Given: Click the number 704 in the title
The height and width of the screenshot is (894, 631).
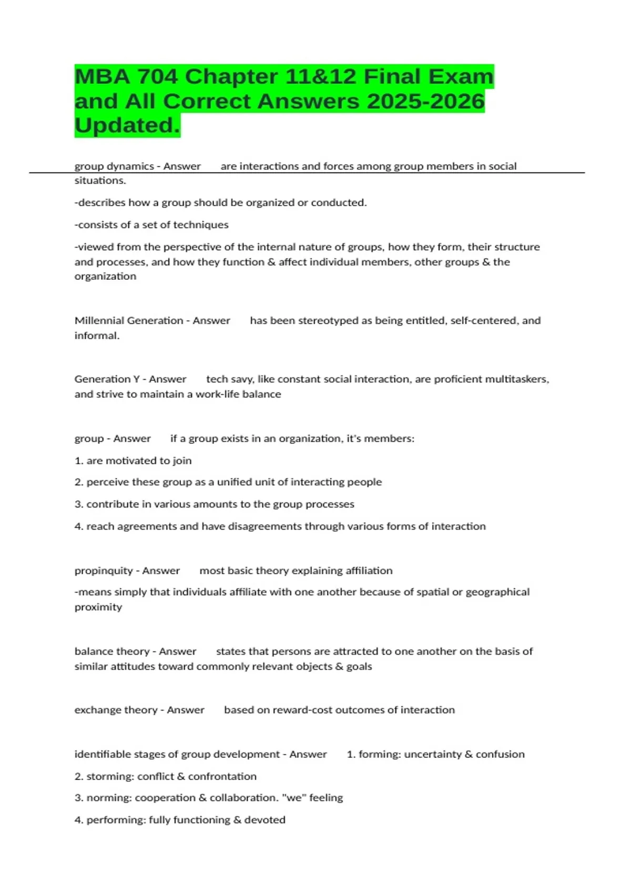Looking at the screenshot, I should [x=157, y=77].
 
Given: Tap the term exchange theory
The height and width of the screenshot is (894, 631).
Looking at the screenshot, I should [x=116, y=709].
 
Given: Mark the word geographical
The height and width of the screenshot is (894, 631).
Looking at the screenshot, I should [x=497, y=592].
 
